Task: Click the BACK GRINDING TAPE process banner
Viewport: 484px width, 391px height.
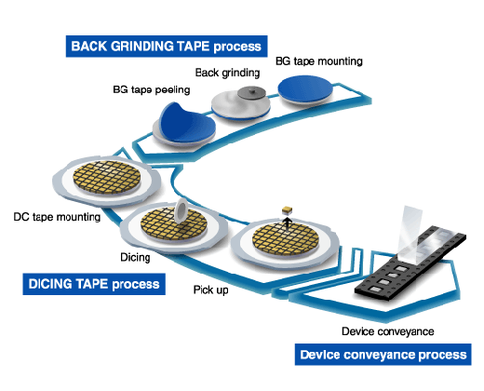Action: tap(167, 47)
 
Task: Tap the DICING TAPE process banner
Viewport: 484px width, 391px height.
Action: tap(94, 284)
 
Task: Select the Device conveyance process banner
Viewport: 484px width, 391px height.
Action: tap(383, 355)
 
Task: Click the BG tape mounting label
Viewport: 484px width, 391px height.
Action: tap(319, 61)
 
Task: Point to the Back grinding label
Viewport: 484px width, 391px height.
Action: tap(227, 73)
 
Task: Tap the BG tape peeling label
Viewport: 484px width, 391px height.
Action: tap(152, 90)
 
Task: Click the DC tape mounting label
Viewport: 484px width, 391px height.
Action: tap(57, 217)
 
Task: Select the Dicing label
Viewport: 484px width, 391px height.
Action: tap(135, 257)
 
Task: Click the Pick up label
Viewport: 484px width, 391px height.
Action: tap(211, 290)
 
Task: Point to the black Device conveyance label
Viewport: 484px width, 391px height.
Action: tap(388, 331)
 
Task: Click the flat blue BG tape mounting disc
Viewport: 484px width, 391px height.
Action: tap(305, 88)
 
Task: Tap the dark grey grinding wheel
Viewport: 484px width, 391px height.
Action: tap(251, 92)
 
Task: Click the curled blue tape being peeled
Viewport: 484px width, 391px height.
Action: tap(186, 123)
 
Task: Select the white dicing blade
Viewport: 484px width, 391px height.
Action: tap(181, 211)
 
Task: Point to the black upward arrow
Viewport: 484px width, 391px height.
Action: tap(288, 223)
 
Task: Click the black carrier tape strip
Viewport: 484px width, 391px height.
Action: tap(410, 263)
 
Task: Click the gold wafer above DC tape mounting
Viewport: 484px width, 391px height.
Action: tap(107, 177)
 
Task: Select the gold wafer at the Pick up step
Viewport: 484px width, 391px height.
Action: tap(286, 238)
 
